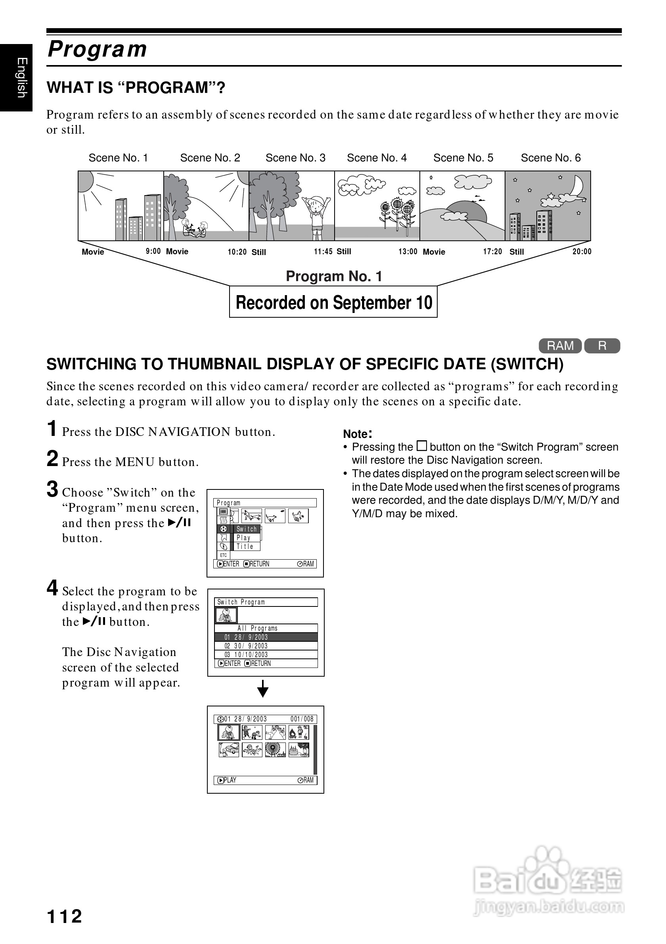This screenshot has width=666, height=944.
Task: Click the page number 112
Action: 65,917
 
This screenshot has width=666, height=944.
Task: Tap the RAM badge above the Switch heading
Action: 560,346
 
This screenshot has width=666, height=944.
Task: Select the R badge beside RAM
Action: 602,346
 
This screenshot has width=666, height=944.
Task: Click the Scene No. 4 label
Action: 377,158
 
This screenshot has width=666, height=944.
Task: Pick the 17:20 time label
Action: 492,251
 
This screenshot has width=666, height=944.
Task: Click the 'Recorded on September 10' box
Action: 333,302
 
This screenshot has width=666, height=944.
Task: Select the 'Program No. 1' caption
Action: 334,276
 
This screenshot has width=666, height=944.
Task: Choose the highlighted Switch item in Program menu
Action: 246,529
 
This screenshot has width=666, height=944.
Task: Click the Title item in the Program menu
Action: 245,547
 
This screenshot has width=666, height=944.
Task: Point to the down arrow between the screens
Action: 263,689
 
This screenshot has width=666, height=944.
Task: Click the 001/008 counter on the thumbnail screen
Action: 302,719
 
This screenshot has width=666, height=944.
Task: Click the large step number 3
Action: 52,490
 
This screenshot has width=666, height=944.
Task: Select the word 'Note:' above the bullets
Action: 358,434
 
